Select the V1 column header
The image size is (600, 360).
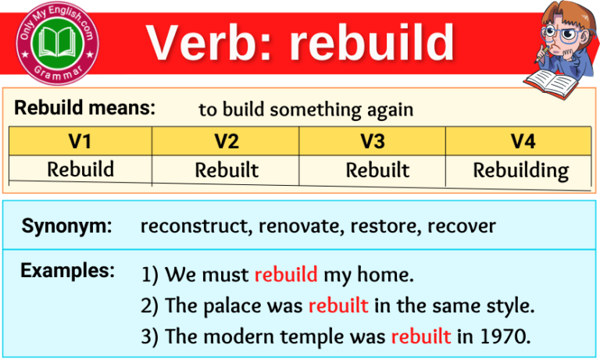point(80,141)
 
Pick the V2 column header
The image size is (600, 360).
point(226,141)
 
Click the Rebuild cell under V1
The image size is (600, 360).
point(80,169)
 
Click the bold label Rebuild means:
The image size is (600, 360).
point(85,108)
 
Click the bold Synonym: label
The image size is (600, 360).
point(66,226)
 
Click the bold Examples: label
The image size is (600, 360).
point(67,271)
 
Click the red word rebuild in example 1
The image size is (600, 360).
point(286,275)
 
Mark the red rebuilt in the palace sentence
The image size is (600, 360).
point(338,306)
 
